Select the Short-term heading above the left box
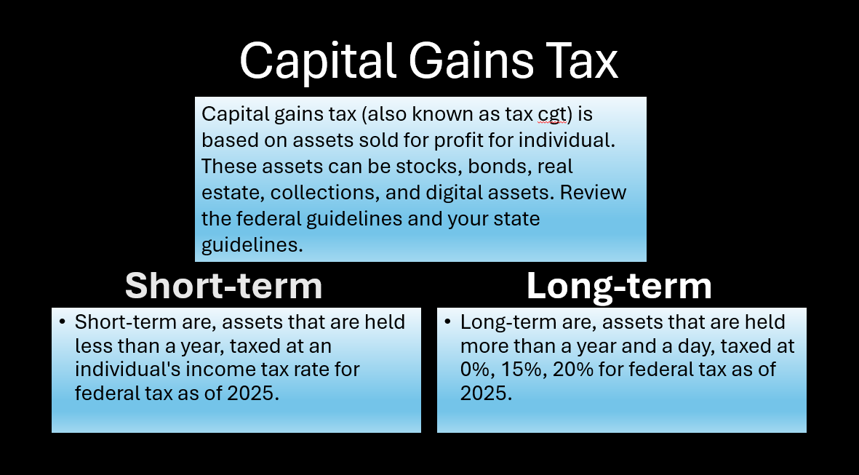[x=223, y=286]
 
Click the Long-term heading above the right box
[x=619, y=286]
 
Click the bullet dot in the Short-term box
[x=63, y=322]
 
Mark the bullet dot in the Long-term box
[x=448, y=322]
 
